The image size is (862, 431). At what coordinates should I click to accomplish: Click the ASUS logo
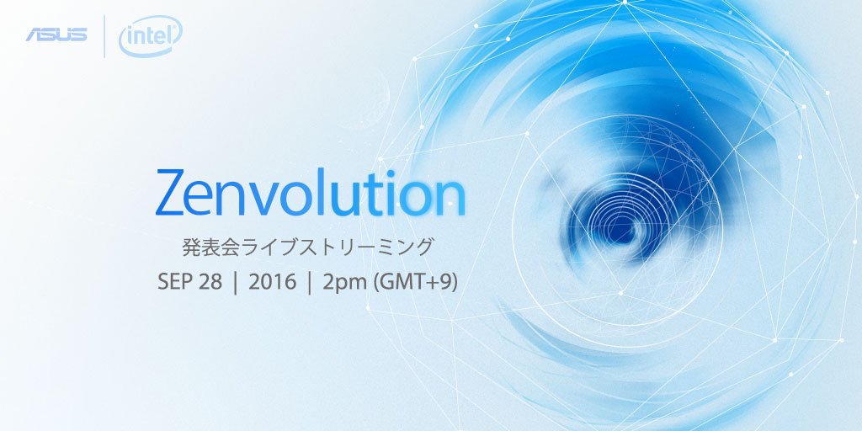56,35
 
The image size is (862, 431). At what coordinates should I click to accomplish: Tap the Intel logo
150,35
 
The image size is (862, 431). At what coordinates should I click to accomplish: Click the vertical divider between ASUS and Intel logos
104,36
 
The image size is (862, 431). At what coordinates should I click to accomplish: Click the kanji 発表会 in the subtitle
210,247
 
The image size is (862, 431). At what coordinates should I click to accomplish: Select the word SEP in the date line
173,283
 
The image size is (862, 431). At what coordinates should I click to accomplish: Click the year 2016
272,283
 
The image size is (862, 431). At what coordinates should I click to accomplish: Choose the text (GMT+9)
415,283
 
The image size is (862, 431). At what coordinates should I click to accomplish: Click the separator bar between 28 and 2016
236,284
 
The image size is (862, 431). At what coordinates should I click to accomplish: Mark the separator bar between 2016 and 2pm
310,284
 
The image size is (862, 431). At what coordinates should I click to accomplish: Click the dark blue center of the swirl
620,222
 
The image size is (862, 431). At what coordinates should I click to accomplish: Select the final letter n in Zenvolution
451,199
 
